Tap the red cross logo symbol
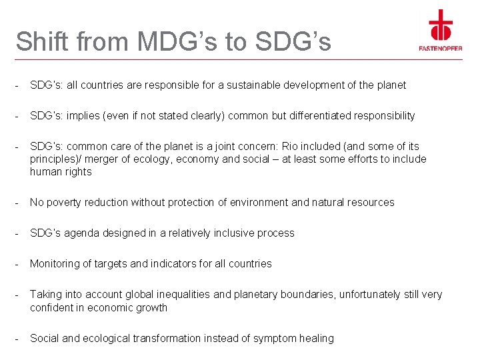[x=441, y=25]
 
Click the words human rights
[x=61, y=172]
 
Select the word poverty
[x=65, y=203]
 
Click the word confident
[x=53, y=308]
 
